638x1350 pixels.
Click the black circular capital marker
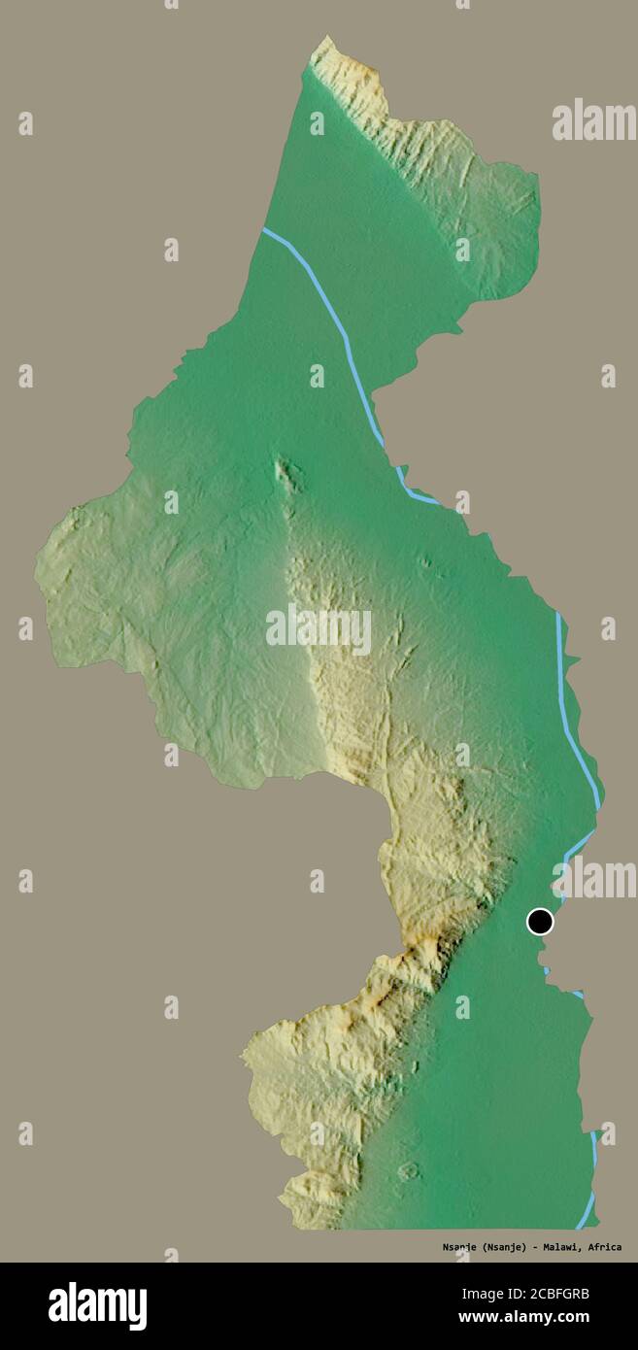pos(540,921)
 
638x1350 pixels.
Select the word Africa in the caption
pos(602,1247)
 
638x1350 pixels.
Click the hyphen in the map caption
pos(533,1247)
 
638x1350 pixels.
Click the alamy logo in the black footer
pos(97,1305)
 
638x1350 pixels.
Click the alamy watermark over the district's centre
pos(319,629)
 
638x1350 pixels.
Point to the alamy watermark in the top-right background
pos(593,120)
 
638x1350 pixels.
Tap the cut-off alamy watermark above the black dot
pos(594,879)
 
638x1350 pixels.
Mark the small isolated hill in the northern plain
pos(286,474)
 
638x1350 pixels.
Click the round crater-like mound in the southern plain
pos(408,1171)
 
